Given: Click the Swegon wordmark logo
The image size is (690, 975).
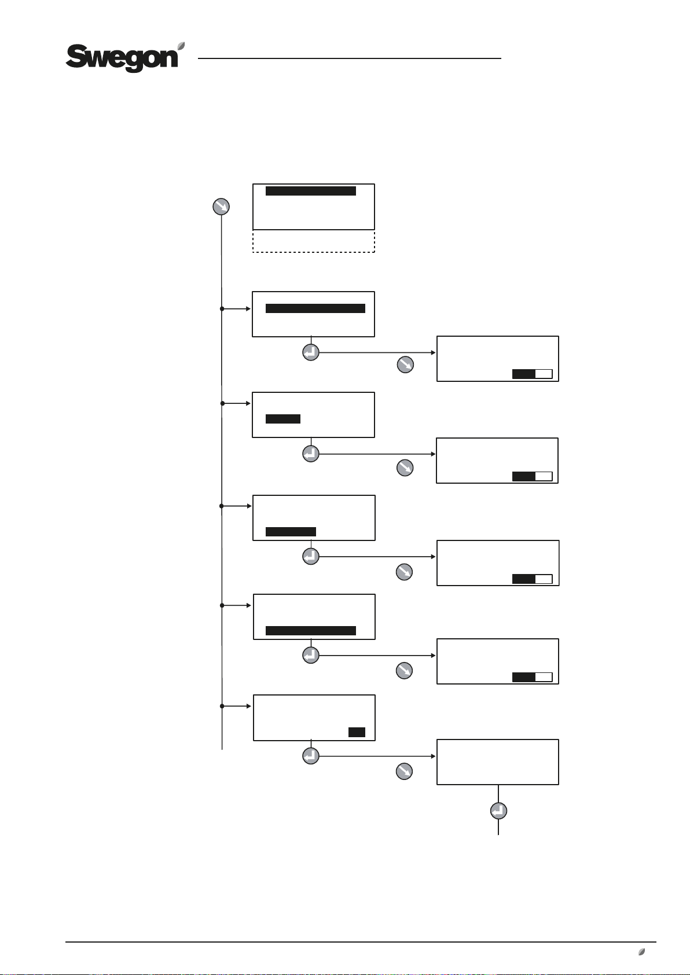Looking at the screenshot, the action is pyautogui.click(x=122, y=58).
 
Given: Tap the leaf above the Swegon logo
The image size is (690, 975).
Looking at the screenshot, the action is pyautogui.click(x=181, y=46).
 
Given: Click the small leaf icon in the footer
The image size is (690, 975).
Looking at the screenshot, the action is pyautogui.click(x=641, y=951).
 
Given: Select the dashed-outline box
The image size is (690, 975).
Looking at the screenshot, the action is pyautogui.click(x=314, y=241).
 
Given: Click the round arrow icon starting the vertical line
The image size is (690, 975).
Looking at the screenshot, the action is pyautogui.click(x=222, y=206).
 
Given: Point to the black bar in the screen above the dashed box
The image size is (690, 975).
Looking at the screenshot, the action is pyautogui.click(x=310, y=191).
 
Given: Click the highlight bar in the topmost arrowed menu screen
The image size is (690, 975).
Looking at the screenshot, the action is pyautogui.click(x=315, y=308).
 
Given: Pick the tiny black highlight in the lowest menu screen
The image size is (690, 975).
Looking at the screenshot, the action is pyautogui.click(x=357, y=732).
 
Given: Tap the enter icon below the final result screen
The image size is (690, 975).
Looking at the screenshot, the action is pyautogui.click(x=498, y=811).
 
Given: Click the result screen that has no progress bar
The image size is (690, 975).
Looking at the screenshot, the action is pyautogui.click(x=497, y=761).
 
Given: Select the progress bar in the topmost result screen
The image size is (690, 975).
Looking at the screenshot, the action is pyautogui.click(x=532, y=374).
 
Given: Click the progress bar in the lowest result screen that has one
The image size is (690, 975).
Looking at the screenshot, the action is pyautogui.click(x=532, y=677).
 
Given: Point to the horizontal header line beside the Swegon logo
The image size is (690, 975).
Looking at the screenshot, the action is pyautogui.click(x=349, y=58).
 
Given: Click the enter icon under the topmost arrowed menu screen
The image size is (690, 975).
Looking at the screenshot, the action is pyautogui.click(x=311, y=352).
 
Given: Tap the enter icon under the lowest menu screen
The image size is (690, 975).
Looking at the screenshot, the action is pyautogui.click(x=311, y=756).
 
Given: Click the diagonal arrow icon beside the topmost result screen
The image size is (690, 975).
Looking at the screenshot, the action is pyautogui.click(x=405, y=365).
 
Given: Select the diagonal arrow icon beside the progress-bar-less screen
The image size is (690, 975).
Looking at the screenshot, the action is pyautogui.click(x=404, y=771).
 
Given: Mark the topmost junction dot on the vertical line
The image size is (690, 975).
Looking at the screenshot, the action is pyautogui.click(x=222, y=308).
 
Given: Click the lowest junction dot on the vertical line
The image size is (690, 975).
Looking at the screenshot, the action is pyautogui.click(x=222, y=706).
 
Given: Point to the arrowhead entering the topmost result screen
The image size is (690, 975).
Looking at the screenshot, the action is pyautogui.click(x=433, y=352).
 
